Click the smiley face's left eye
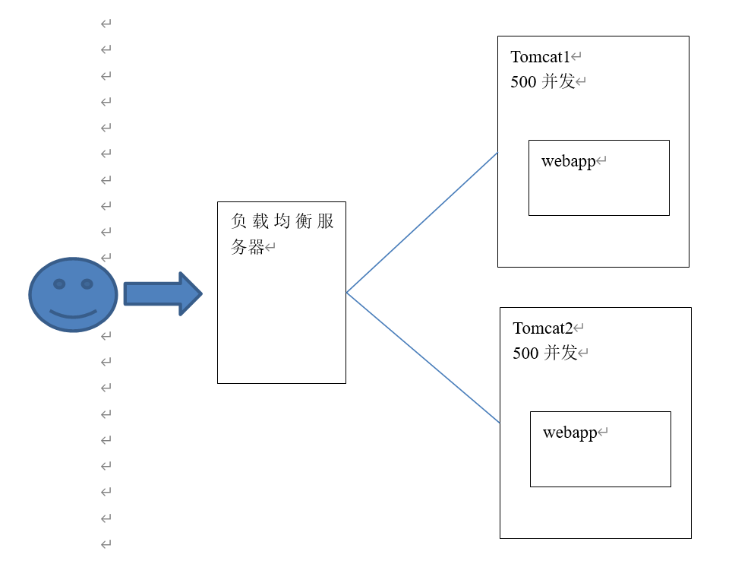(59, 284)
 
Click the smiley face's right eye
(87, 284)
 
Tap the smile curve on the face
(74, 314)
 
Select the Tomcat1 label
(540, 57)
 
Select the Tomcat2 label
(542, 328)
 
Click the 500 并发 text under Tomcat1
(542, 82)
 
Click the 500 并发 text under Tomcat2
(544, 353)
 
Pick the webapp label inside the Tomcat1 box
(568, 161)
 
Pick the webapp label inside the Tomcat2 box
(570, 433)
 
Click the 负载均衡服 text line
(282, 222)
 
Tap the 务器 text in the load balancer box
(247, 247)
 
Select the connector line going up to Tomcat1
(421, 223)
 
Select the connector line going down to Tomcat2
(423, 357)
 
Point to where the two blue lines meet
(347, 293)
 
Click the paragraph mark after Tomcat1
(576, 57)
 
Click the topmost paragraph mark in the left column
(106, 24)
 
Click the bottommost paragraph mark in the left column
(106, 544)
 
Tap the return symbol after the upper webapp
(601, 161)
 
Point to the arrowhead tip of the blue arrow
(201, 293)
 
